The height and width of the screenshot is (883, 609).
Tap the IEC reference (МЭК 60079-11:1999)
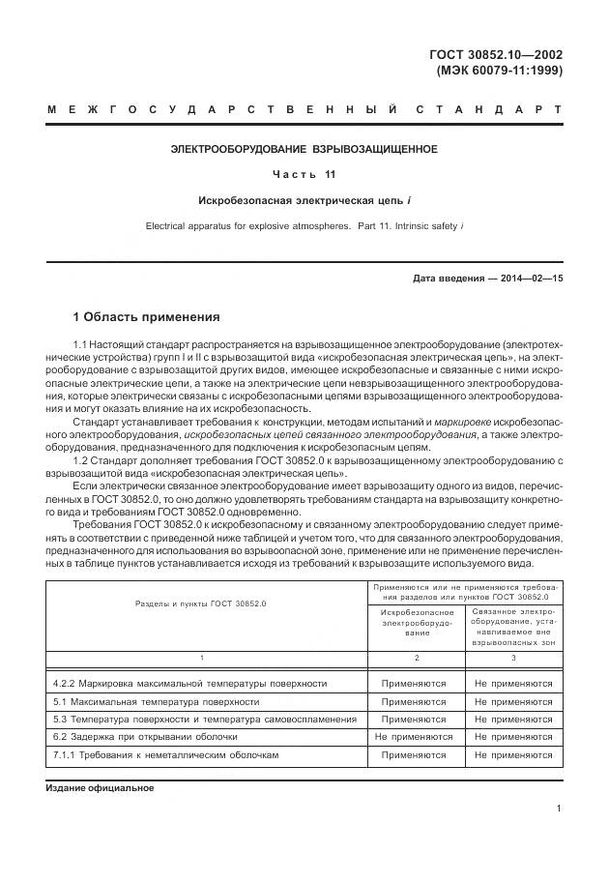tap(499, 70)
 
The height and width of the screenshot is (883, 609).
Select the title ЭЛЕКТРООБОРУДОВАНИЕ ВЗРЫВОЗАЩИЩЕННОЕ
tap(304, 149)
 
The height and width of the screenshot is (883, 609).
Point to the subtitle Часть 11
tap(304, 175)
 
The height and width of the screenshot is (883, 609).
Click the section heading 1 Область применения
tap(146, 316)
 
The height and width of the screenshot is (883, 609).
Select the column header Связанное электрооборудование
tap(513, 627)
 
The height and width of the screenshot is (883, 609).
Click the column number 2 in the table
tap(414, 658)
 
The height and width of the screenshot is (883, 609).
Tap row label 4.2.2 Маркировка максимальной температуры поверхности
tap(189, 683)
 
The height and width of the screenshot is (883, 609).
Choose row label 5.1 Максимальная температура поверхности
tap(156, 701)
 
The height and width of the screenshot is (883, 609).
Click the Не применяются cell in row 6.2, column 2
tap(414, 736)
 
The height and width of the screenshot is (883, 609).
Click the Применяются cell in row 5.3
tap(414, 719)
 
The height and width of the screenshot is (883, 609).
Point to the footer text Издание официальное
tap(101, 788)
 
